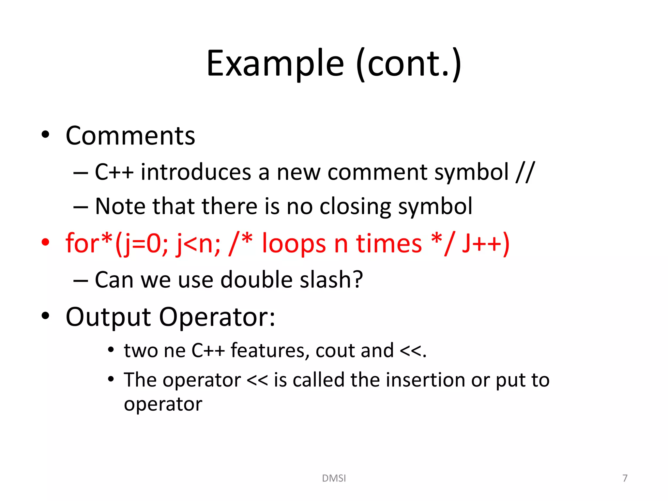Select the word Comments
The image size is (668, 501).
coord(130,136)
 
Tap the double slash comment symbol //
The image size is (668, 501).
coord(525,172)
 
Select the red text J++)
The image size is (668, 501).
coord(486,243)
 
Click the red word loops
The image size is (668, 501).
coord(294,243)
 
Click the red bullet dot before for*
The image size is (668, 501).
coord(45,242)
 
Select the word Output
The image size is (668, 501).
coord(108,317)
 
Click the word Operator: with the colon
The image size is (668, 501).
coord(217,317)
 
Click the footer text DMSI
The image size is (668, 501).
coord(334,478)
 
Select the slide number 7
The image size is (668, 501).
coord(625,478)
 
